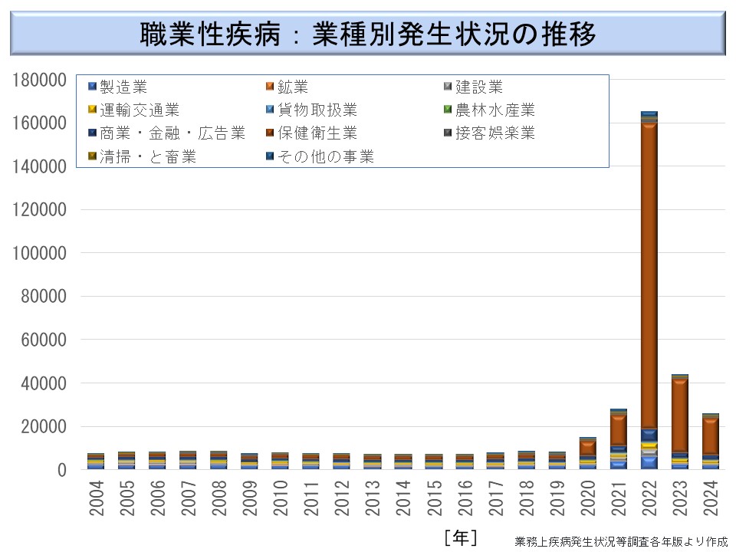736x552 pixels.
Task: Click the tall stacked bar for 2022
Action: [649, 291]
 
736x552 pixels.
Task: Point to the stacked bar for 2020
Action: [587, 453]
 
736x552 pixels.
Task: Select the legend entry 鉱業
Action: [294, 87]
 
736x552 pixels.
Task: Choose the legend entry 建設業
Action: [478, 87]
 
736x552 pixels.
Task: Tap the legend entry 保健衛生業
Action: [307, 133]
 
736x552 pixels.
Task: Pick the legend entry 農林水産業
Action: [495, 110]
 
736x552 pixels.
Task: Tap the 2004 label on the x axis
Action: [97, 498]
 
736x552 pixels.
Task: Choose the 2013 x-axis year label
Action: [373, 498]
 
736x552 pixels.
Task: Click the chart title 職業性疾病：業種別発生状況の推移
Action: [368, 34]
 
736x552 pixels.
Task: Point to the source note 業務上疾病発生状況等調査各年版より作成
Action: [621, 541]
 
